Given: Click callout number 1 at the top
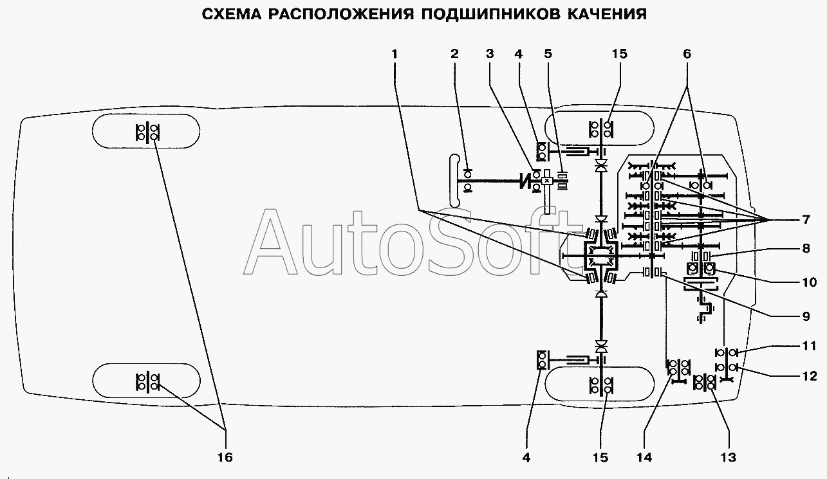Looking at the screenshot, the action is click(x=395, y=54).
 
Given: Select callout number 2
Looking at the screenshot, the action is click(x=454, y=54).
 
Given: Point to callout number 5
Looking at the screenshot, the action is click(x=548, y=54).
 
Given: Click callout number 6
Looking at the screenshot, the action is click(x=687, y=54).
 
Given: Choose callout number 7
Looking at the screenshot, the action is click(x=806, y=220).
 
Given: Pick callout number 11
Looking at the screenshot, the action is click(x=808, y=346).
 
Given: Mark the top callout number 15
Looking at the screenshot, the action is click(x=619, y=54).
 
